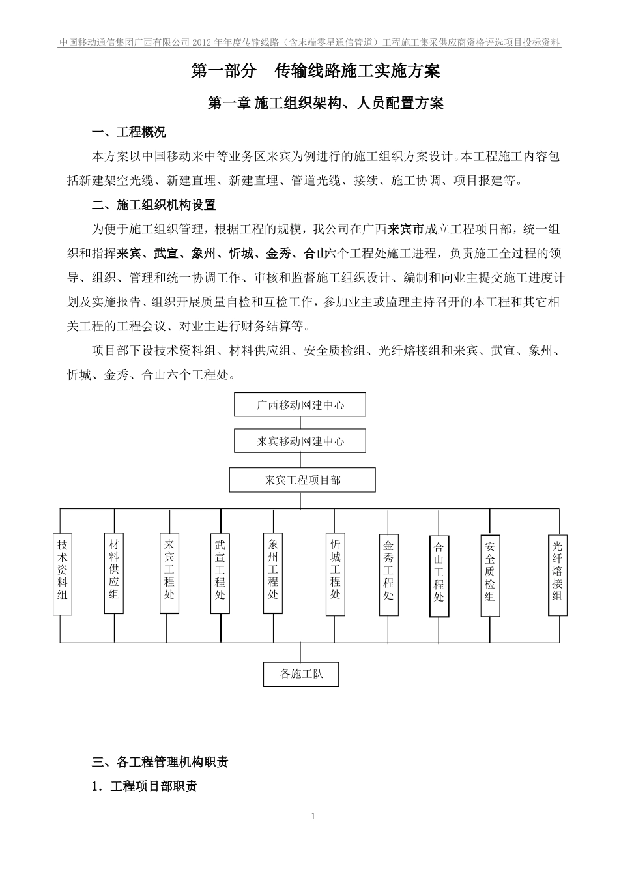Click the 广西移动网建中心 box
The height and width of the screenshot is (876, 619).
tap(300, 405)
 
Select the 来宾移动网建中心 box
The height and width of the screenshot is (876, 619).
tap(300, 441)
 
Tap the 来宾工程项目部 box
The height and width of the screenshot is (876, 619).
tap(302, 480)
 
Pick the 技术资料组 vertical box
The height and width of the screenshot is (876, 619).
tap(62, 574)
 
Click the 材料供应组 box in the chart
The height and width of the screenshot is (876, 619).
tap(114, 574)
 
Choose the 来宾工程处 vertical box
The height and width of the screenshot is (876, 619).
tap(169, 574)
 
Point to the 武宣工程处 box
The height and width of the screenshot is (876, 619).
tap(220, 574)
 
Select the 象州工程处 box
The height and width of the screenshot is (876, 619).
tap(273, 574)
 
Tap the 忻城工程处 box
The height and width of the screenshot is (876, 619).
tap(336, 574)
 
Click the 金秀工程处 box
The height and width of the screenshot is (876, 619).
tap(388, 575)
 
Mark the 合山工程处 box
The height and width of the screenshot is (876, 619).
tap(439, 576)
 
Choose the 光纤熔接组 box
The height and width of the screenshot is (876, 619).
tap(558, 574)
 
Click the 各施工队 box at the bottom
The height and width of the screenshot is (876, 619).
tap(301, 674)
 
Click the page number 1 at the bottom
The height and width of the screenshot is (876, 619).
tap(313, 817)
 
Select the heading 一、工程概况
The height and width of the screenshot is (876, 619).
tap(129, 132)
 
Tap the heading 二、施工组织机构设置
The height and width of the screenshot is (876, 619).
tap(154, 205)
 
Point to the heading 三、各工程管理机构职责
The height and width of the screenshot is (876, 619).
tap(160, 761)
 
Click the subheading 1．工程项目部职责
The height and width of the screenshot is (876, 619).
tap(145, 786)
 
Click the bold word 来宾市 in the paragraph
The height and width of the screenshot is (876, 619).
tap(406, 229)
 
